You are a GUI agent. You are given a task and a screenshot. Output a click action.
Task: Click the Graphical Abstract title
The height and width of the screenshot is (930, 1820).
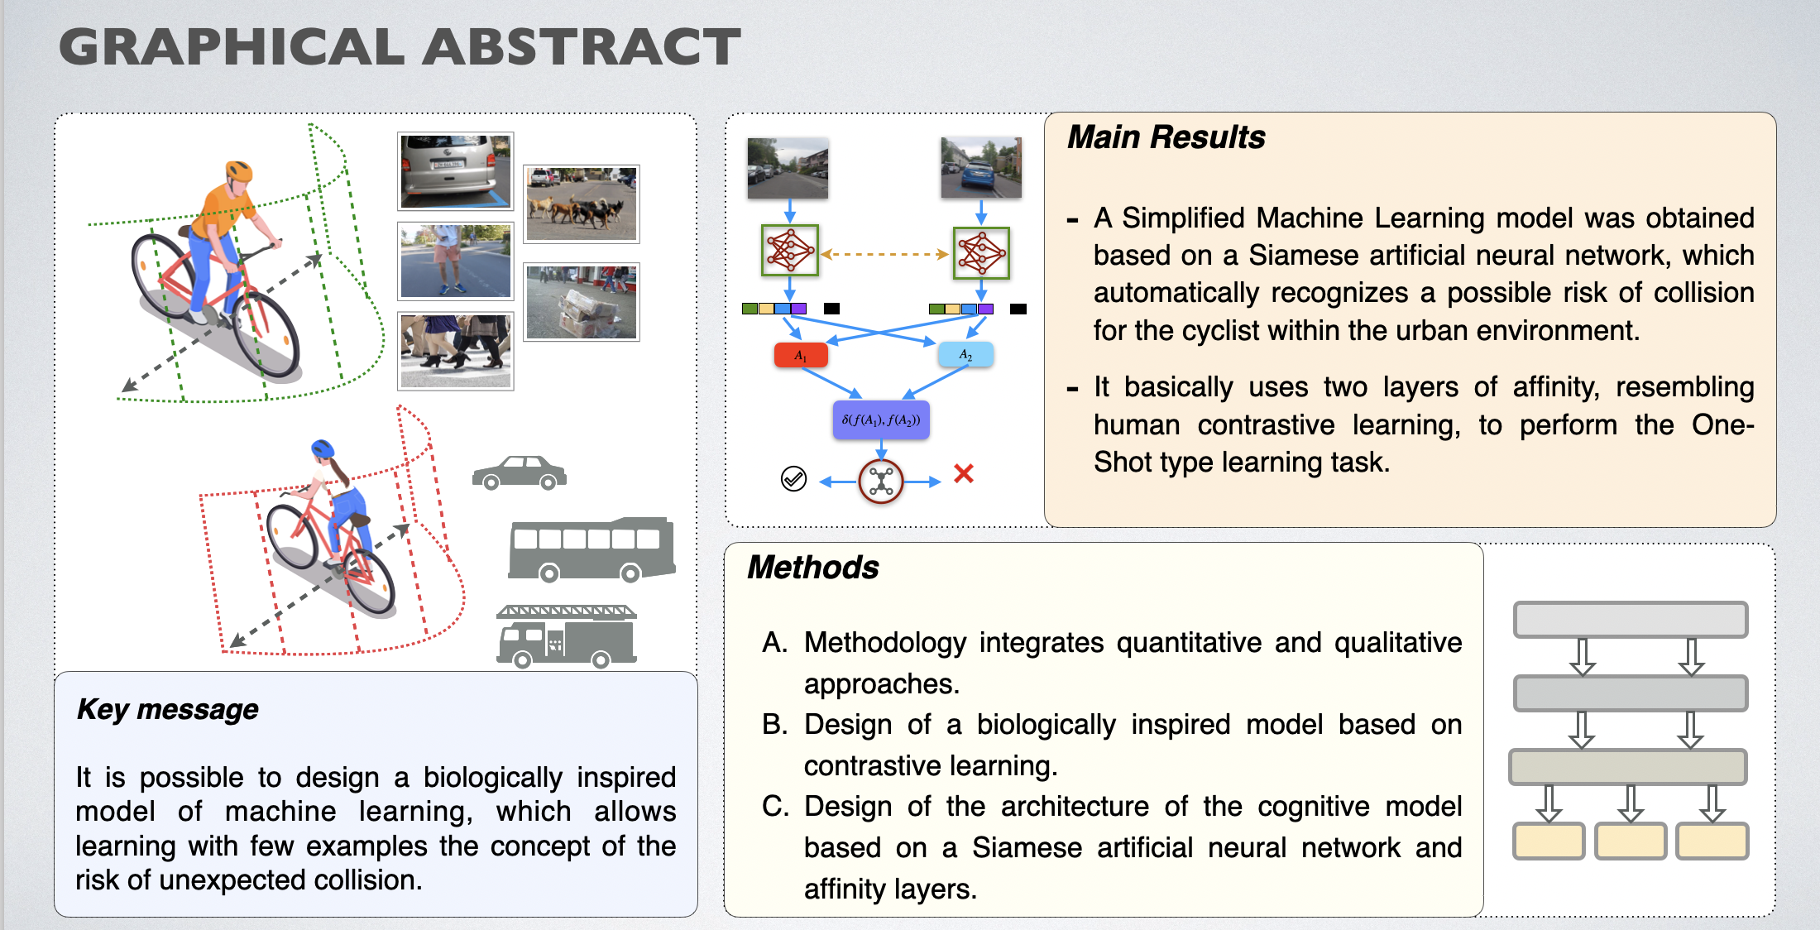coord(400,47)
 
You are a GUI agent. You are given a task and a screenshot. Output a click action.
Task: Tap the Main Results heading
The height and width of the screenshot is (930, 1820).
coord(1166,137)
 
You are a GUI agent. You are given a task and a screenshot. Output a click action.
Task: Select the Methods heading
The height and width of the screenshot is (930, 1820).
coord(812,568)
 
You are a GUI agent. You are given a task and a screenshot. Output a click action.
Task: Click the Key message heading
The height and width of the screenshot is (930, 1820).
coord(167,710)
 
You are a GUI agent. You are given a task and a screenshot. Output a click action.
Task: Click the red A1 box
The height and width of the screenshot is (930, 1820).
coord(800,355)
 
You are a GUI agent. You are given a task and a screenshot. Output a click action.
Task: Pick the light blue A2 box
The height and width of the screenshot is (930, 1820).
coord(965,354)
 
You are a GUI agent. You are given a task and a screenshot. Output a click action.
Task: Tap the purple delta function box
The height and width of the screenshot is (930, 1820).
coord(881,419)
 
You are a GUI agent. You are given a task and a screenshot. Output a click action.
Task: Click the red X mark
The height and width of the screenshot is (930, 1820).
coord(964,473)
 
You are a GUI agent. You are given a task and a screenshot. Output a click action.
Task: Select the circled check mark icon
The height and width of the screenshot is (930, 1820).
coord(793,478)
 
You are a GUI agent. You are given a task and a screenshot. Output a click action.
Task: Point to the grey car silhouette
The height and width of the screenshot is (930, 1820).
coord(519,472)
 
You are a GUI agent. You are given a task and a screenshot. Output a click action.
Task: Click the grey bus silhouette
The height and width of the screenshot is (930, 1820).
coord(591,549)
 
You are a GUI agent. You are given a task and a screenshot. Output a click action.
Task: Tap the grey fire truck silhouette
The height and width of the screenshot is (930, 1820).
coord(567,636)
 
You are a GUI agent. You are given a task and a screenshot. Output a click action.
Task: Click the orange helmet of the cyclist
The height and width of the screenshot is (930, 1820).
coord(239,171)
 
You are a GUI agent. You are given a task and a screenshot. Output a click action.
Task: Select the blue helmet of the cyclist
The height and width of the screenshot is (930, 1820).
coord(323,449)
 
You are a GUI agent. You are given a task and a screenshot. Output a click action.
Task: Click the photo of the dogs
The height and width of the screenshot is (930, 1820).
coord(582,204)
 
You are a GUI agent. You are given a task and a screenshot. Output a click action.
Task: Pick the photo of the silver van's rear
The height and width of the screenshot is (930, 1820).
coord(455,171)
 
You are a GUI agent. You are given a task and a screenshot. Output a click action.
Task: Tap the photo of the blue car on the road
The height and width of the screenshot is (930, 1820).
coord(981,168)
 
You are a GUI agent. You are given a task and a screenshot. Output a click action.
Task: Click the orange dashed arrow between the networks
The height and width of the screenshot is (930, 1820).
coord(884,254)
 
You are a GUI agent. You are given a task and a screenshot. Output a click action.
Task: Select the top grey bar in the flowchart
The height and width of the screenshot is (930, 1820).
coord(1630,619)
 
